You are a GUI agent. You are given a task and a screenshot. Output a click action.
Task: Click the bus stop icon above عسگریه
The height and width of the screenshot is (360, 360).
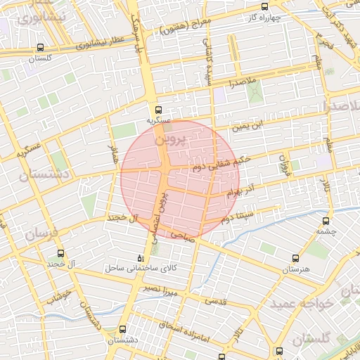click(x=158, y=110)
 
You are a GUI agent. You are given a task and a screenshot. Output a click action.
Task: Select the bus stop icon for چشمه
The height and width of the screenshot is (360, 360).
click(x=324, y=220)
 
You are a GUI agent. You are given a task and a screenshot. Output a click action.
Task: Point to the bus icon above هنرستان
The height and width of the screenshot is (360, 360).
click(x=296, y=258)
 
